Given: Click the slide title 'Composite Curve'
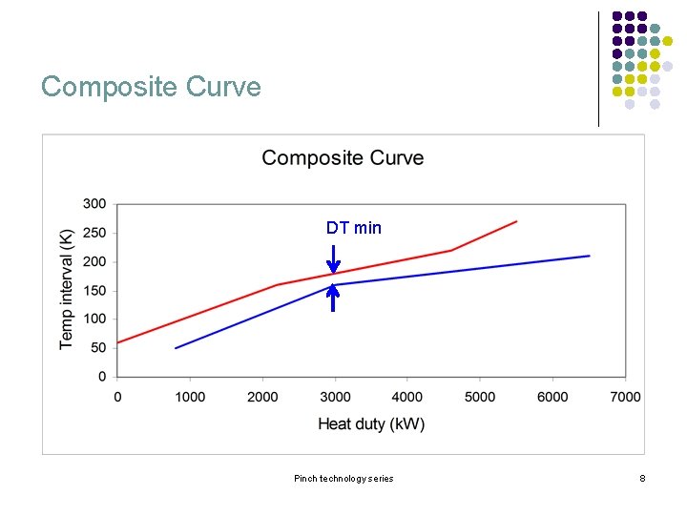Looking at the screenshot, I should click(x=151, y=87).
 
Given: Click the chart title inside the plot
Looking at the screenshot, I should click(x=343, y=158).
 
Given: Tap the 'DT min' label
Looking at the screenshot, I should click(x=353, y=227).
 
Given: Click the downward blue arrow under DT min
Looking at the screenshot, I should click(x=333, y=259).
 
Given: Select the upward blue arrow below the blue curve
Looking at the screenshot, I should click(x=333, y=299).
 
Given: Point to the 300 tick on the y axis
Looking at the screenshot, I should click(x=94, y=204).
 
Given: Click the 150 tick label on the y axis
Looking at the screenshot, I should click(x=94, y=291).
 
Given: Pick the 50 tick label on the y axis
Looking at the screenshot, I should click(x=98, y=348).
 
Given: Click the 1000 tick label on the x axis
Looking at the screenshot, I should click(x=190, y=397).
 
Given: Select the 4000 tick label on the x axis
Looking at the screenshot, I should click(x=407, y=397).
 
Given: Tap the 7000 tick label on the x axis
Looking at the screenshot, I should click(x=625, y=397).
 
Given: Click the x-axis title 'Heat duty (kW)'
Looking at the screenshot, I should click(x=371, y=423).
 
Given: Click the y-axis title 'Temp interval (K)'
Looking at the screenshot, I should click(x=67, y=290).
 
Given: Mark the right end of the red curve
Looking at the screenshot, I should click(x=516, y=221).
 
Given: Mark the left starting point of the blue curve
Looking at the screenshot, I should click(x=176, y=348).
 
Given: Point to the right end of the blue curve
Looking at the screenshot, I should click(x=589, y=256).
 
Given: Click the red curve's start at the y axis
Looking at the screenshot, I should click(x=117, y=342).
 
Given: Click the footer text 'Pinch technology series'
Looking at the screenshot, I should click(x=343, y=478).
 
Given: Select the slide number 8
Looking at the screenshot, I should click(x=642, y=478).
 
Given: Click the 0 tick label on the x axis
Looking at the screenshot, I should click(x=117, y=397).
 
